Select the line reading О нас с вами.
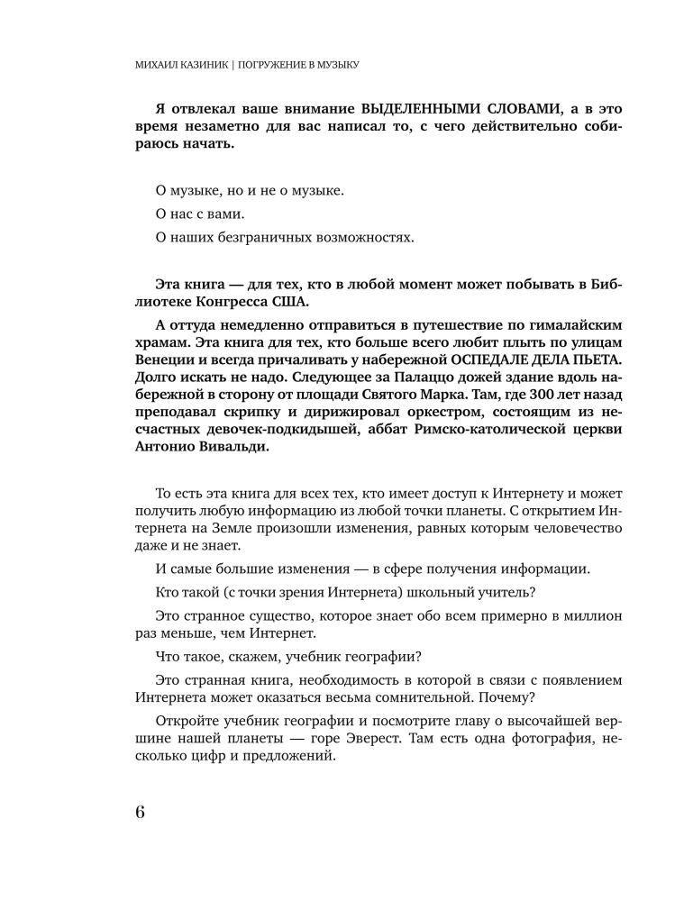[x=195, y=214]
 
